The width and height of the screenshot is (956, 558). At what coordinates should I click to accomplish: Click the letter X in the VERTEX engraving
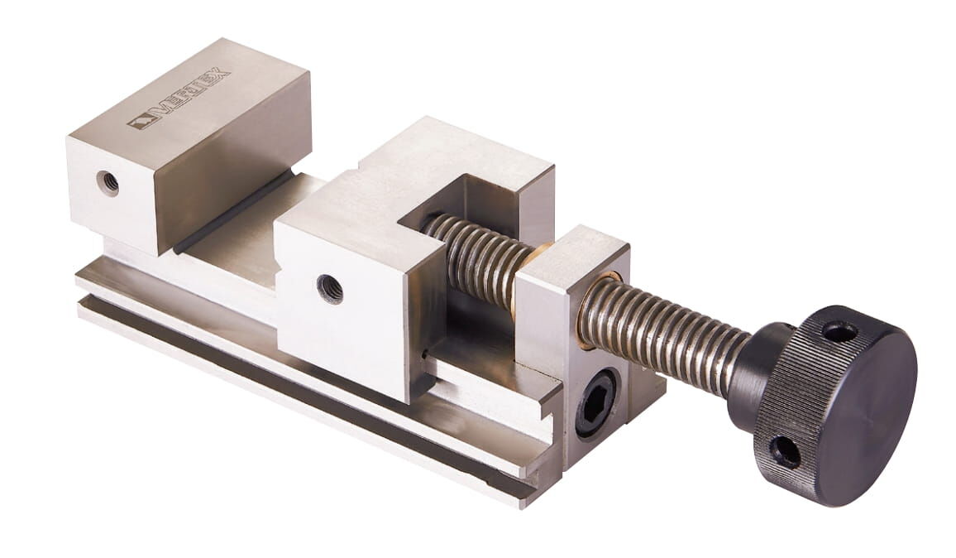[x=221, y=75]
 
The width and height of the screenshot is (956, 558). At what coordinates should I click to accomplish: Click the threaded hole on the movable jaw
[x=330, y=288]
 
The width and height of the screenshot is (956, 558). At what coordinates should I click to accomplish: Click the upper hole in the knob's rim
[x=833, y=332]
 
